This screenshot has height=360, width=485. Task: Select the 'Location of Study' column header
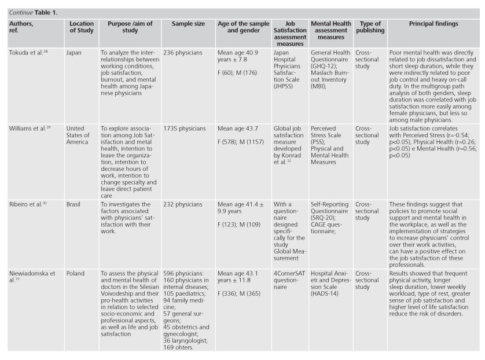tap(82, 27)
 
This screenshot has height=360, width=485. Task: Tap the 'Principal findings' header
tap(433, 24)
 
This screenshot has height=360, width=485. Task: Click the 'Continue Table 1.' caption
tap(33, 12)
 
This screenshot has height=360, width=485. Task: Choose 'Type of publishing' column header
tap(369, 27)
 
